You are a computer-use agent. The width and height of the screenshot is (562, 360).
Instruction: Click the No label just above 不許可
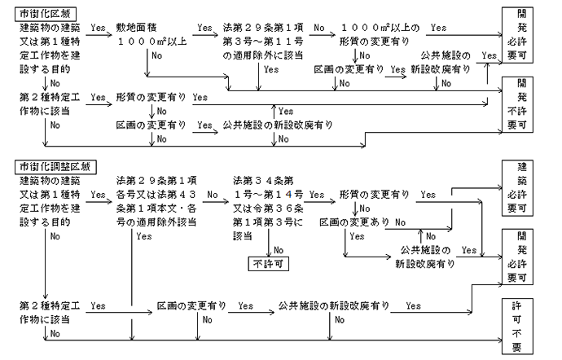[x=279, y=249]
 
